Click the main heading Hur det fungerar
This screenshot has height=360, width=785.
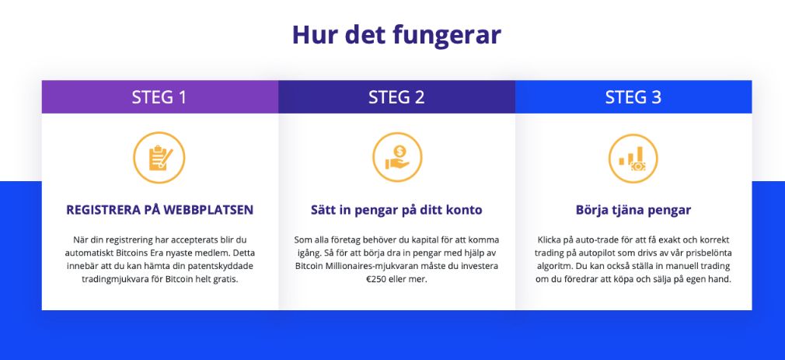396,35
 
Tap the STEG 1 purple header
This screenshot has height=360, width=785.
159,96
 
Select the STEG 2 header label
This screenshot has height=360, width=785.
396,96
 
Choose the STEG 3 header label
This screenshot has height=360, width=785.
633,96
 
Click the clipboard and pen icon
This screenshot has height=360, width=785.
159,158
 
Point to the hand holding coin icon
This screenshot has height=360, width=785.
397,157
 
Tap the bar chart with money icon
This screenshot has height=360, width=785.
633,158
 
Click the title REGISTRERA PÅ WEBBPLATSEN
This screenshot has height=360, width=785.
159,210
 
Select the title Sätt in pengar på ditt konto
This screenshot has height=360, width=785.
396,210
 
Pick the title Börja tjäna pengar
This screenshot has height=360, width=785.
633,210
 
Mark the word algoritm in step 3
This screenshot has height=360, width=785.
550,266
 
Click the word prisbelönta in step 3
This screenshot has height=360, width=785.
709,253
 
